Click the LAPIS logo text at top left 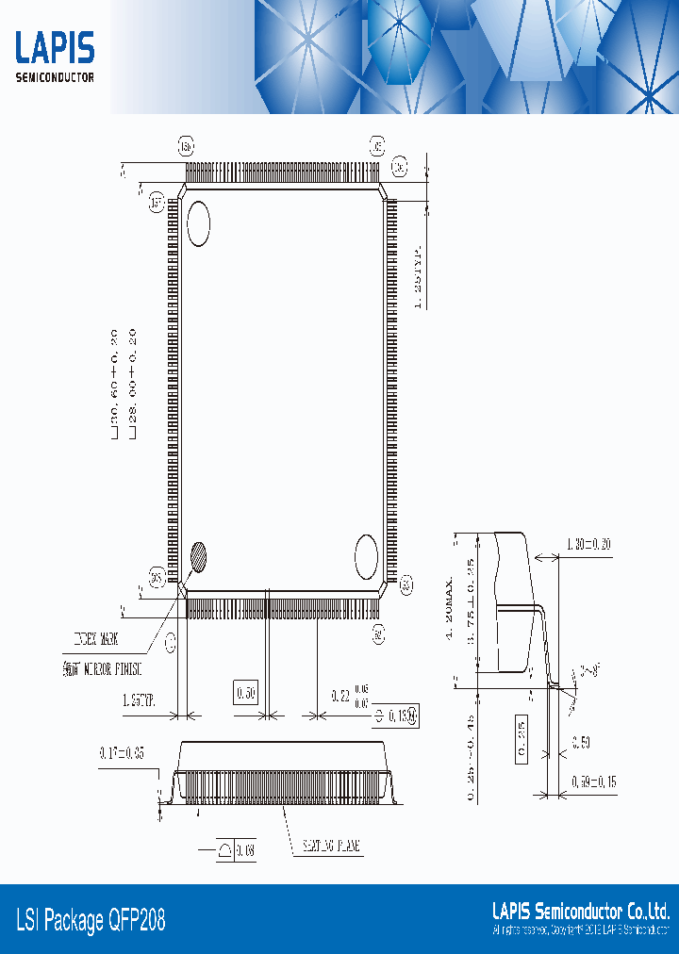55,48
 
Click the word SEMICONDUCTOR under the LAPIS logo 55,77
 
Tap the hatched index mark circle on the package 199,557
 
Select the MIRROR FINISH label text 100,668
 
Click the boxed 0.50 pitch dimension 246,694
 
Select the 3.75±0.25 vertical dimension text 469,613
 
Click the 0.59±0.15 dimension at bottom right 594,781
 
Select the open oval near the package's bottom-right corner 365,556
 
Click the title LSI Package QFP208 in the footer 91,919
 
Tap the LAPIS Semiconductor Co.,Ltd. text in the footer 581,911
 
